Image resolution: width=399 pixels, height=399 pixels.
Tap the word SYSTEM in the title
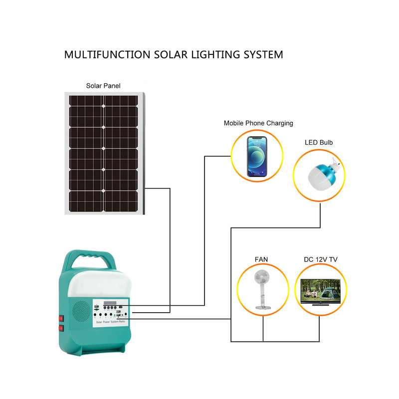pos(259,54)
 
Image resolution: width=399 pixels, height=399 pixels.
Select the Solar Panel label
pos(103,86)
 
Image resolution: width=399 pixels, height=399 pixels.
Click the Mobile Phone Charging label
pos(258,123)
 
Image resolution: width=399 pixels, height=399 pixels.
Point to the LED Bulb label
pos(319,143)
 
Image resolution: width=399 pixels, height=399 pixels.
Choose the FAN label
pos(261,259)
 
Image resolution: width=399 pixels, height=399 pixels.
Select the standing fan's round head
pos(262,282)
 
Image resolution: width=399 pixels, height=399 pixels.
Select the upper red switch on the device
pos(61,318)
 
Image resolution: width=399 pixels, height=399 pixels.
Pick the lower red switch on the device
pos(61,329)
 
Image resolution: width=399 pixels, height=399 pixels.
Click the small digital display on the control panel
pos(110,304)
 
